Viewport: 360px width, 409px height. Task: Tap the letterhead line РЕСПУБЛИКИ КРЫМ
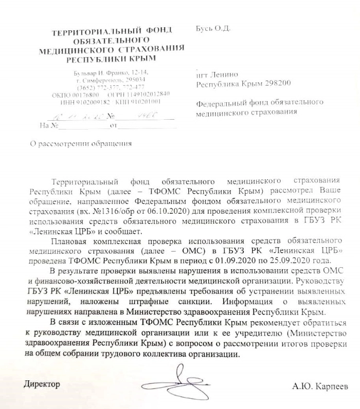111,59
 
